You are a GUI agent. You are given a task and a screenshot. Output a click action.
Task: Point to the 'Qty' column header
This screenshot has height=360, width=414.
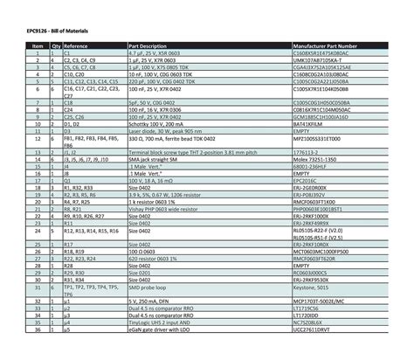point(55,45)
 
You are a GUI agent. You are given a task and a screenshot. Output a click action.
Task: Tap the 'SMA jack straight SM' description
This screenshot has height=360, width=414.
point(156,157)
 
